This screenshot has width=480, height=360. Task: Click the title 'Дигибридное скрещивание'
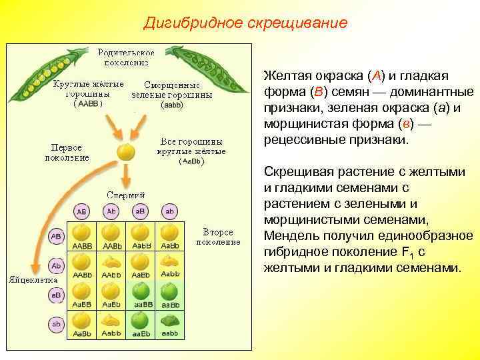(245, 23)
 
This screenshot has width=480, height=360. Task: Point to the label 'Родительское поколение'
(126, 57)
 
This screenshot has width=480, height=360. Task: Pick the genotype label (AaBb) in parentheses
(191, 161)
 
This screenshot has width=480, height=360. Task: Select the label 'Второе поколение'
(217, 237)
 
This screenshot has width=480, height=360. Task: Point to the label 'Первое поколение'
(66, 152)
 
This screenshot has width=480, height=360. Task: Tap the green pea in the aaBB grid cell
(141, 291)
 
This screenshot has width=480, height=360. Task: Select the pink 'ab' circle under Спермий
(169, 211)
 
